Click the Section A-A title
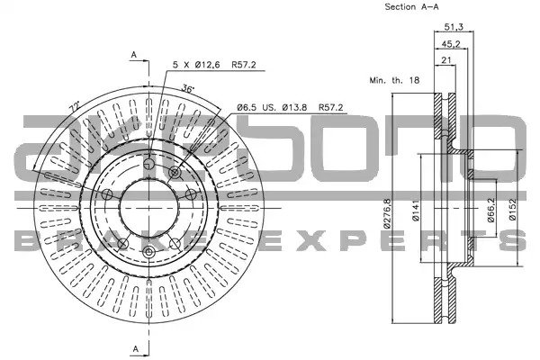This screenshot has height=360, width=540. (x=411, y=6)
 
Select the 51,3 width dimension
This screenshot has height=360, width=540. (x=454, y=26)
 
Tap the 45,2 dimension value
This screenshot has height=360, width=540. (x=451, y=44)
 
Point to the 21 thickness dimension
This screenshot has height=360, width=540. (x=446, y=60)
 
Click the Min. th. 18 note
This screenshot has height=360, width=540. (x=394, y=80)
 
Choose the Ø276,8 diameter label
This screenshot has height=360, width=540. (x=387, y=213)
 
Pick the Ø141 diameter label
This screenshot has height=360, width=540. (x=416, y=211)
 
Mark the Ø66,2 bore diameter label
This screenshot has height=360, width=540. (x=491, y=210)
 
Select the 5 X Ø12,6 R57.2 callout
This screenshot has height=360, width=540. (x=214, y=65)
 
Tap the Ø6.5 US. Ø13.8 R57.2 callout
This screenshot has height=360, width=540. (x=290, y=107)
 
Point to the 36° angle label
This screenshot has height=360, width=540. (x=188, y=89)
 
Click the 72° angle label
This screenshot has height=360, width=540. (x=75, y=107)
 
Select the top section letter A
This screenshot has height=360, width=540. (x=134, y=54)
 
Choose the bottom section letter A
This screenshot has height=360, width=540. (x=136, y=348)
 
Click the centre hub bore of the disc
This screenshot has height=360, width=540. (x=149, y=208)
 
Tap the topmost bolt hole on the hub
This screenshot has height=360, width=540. (x=148, y=164)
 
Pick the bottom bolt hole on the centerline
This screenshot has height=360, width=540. (x=148, y=252)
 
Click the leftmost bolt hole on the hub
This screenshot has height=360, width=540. (x=107, y=194)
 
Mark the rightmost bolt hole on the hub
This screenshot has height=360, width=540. (x=191, y=194)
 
